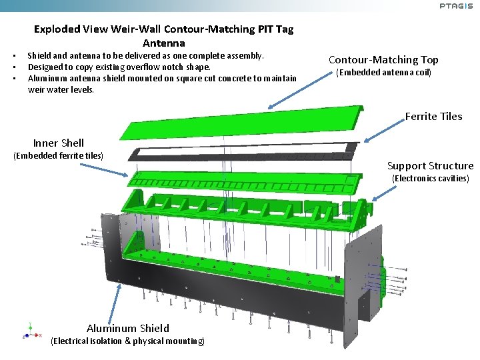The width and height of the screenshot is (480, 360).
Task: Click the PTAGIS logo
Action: point(456,6)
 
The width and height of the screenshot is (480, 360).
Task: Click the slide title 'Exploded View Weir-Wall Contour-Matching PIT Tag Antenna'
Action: point(163,36)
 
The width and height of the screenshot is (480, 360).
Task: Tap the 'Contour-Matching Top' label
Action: point(383,60)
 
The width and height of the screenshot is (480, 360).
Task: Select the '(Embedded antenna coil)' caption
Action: point(383,73)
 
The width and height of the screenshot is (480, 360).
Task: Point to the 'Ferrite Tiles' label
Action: point(433,117)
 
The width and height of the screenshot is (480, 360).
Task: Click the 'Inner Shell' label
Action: point(59,143)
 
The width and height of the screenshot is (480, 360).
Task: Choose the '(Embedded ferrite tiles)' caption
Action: point(59,156)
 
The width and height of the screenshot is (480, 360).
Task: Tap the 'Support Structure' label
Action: point(430,166)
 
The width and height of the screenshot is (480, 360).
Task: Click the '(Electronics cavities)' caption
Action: point(430,179)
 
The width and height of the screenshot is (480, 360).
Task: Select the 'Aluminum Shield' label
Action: point(128,328)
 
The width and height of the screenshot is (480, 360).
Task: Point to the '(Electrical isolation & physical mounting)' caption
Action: point(128,341)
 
